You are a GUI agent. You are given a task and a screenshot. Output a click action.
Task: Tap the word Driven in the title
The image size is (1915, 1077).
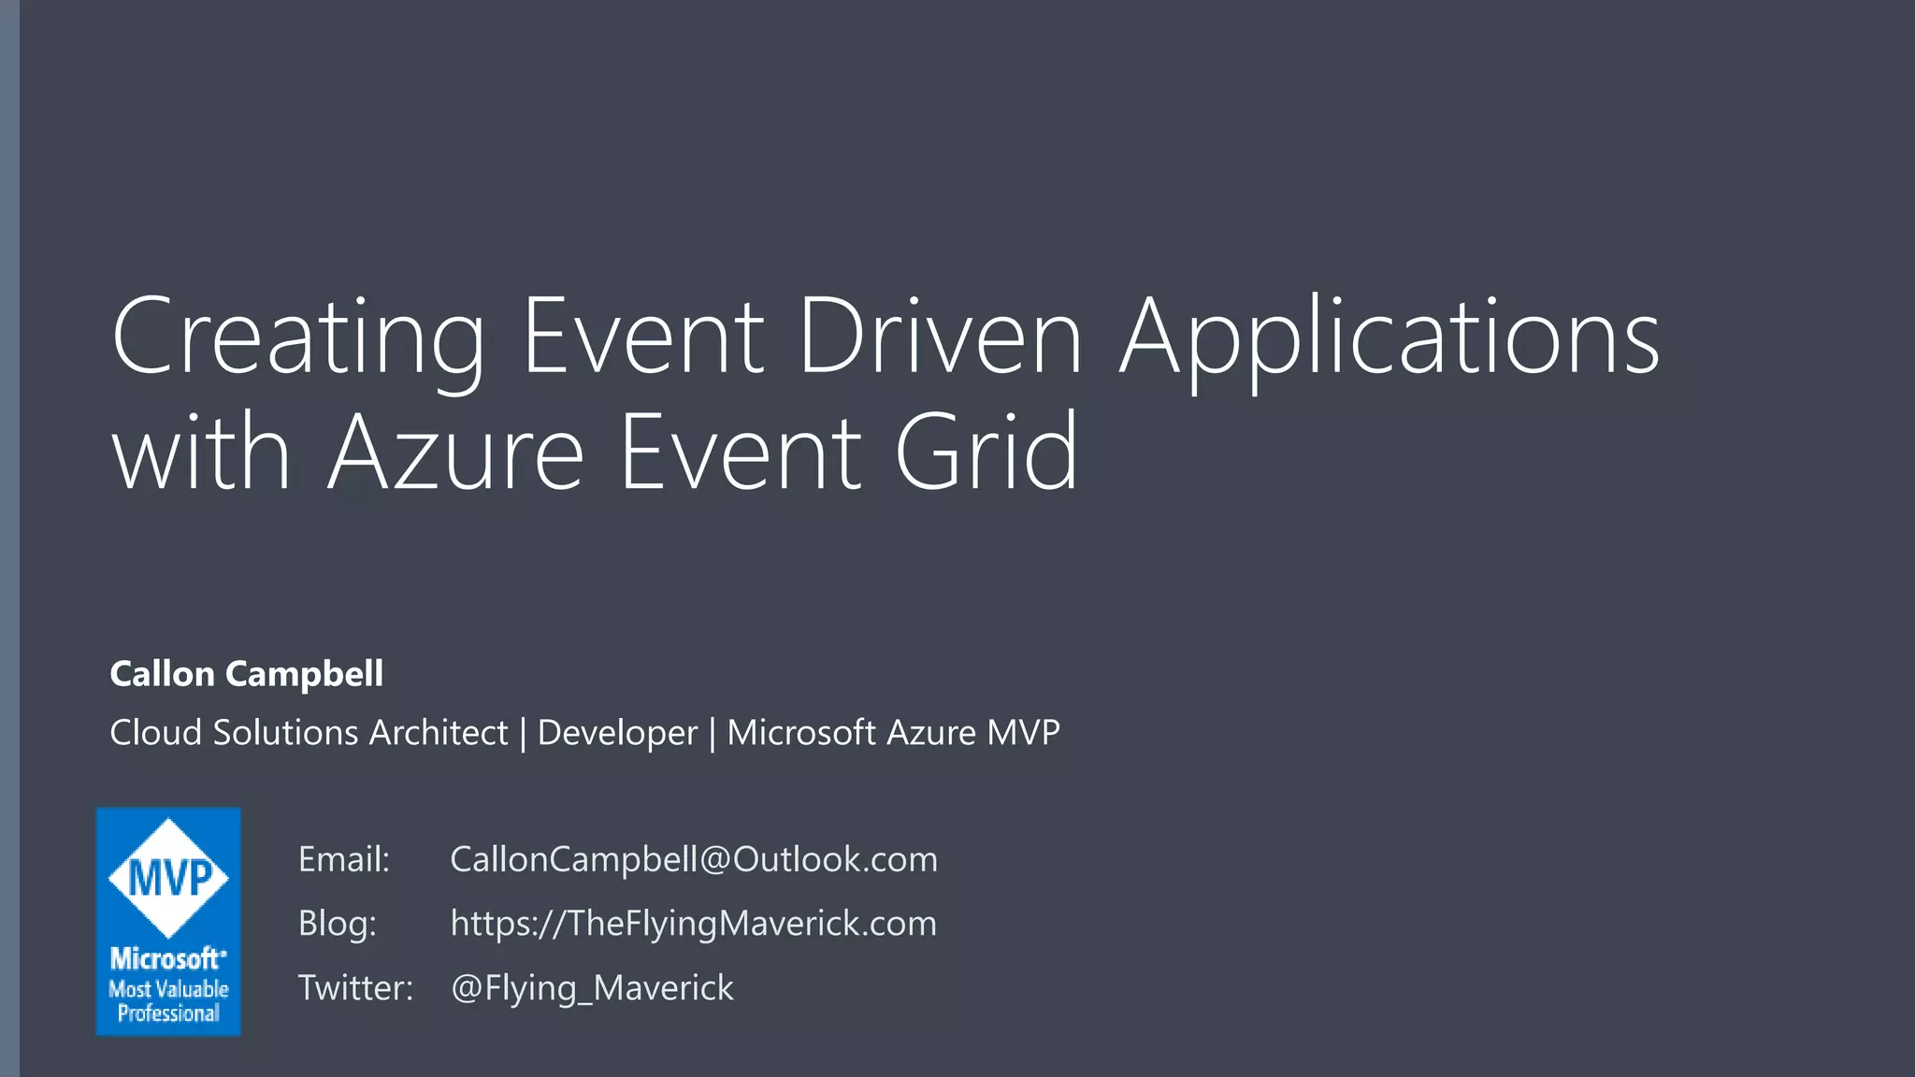(x=939, y=337)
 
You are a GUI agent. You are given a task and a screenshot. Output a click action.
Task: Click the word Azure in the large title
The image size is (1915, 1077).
(x=455, y=453)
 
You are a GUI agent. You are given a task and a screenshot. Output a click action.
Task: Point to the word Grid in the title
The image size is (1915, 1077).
(x=986, y=453)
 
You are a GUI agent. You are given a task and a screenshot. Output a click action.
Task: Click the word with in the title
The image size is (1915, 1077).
(x=201, y=453)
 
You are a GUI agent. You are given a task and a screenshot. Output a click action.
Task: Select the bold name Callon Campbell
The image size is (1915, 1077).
(x=246, y=674)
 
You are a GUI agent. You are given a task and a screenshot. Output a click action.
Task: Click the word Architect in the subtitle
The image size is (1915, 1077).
(x=438, y=733)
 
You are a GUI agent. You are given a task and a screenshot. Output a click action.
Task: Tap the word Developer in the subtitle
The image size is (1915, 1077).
(x=617, y=733)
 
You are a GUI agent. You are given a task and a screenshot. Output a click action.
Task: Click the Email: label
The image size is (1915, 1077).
(x=343, y=859)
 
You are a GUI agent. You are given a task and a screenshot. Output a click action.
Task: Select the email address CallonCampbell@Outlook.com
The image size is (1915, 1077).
(x=693, y=859)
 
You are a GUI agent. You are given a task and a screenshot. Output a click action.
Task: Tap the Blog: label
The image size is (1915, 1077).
(x=337, y=924)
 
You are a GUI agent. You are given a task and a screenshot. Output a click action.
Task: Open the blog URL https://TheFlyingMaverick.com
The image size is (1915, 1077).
(x=693, y=924)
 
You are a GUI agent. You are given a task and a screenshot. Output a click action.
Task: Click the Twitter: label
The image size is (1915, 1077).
(x=355, y=988)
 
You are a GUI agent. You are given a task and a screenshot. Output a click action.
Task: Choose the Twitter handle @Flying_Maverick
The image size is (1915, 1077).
(x=592, y=988)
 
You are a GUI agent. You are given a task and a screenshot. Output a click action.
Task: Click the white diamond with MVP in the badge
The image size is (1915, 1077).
(x=168, y=878)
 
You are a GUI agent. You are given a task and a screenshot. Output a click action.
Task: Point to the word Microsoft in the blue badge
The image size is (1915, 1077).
(x=166, y=959)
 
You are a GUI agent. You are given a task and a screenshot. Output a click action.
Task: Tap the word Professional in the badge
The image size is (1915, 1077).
(x=168, y=1013)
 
